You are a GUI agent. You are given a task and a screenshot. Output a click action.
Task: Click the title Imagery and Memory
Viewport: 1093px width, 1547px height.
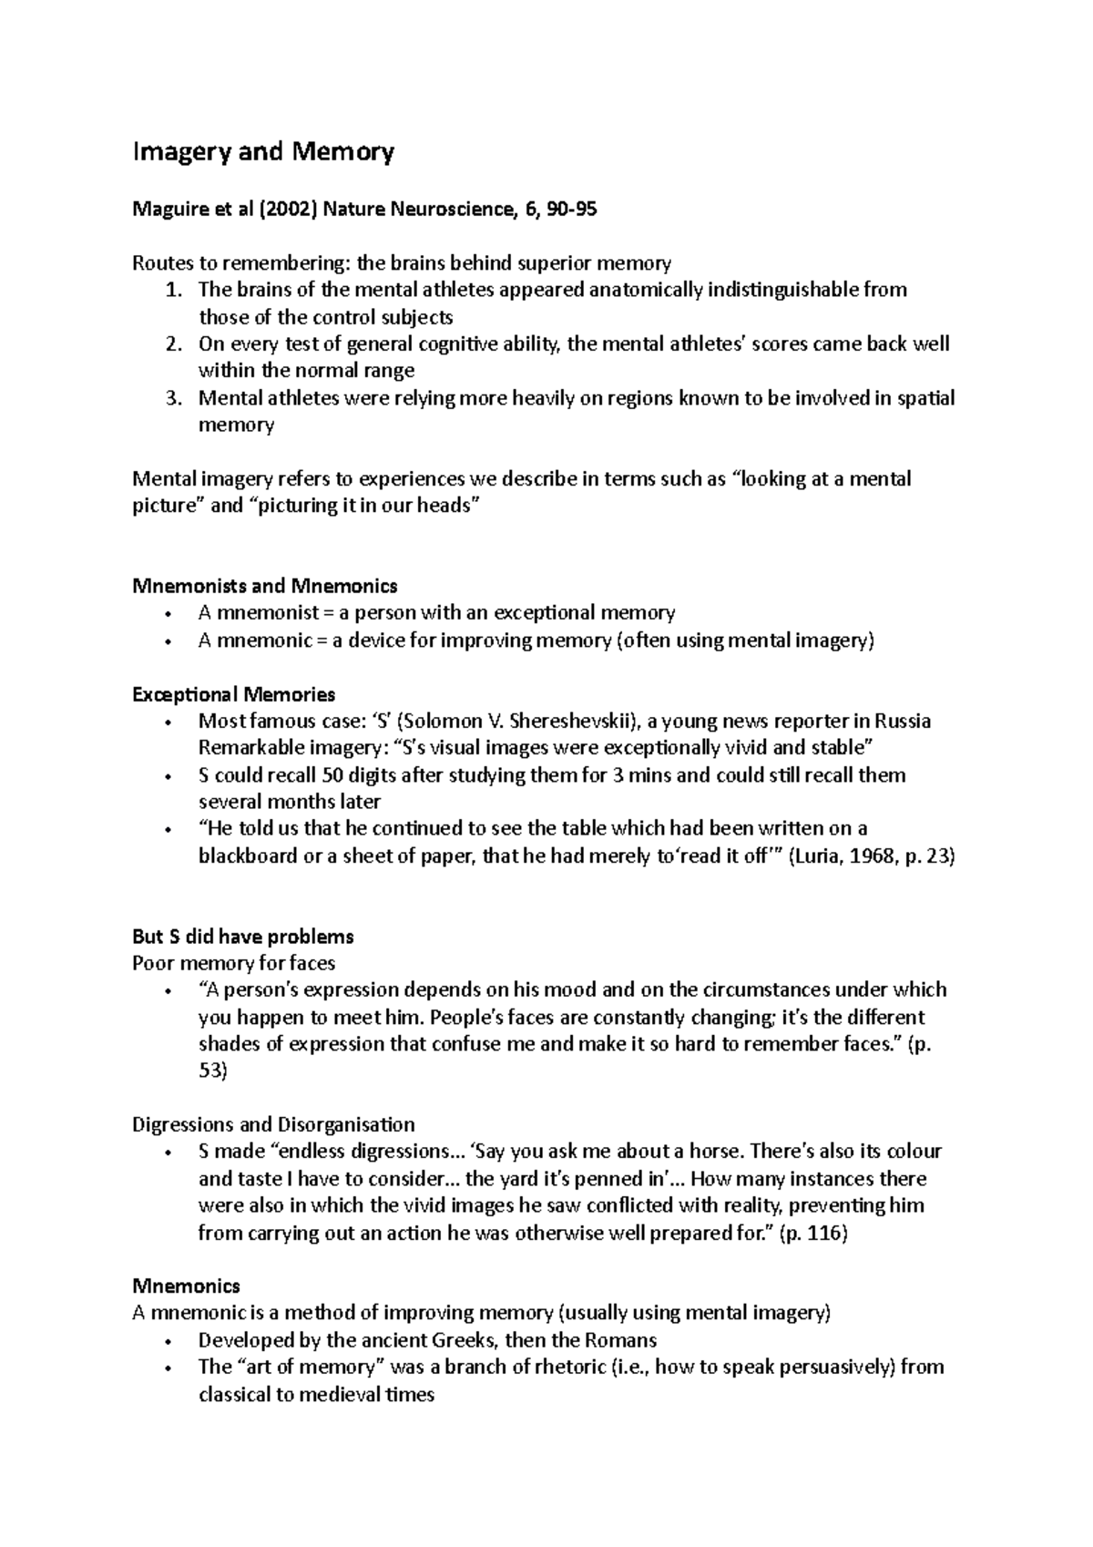pos(263,151)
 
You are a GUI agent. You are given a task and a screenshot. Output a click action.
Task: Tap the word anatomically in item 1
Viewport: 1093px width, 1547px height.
pos(646,291)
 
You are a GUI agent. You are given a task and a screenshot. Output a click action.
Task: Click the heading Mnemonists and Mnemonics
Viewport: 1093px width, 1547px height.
pos(264,586)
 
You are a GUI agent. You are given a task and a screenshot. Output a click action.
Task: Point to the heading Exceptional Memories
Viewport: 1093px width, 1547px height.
pos(233,695)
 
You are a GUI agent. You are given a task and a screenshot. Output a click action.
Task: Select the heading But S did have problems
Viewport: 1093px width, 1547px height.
pos(242,937)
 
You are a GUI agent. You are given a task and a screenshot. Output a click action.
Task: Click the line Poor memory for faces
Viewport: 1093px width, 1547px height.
pos(233,964)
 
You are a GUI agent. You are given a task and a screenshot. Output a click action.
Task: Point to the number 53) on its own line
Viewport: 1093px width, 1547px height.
pos(212,1071)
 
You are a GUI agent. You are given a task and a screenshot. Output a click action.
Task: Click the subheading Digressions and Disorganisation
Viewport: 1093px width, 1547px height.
pos(273,1124)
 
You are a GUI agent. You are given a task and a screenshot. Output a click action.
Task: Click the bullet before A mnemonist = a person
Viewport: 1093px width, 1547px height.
pos(169,613)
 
